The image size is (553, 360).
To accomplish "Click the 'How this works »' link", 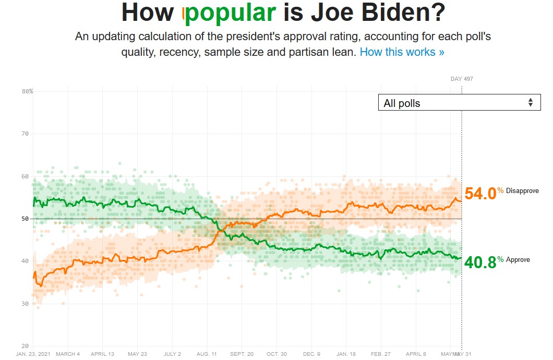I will pyautogui.click(x=402, y=52).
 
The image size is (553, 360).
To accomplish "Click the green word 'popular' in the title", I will pyautogui.click(x=230, y=13).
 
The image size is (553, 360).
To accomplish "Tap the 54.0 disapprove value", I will pyautogui.click(x=479, y=194).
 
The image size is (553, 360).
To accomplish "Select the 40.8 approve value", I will pyautogui.click(x=479, y=262).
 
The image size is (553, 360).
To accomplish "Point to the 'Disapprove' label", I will pyautogui.click(x=522, y=191).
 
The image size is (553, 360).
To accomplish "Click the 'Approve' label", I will pyautogui.click(x=518, y=260).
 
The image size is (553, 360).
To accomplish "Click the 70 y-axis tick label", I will pyautogui.click(x=25, y=134).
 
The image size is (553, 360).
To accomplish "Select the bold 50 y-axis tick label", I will pyautogui.click(x=25, y=219).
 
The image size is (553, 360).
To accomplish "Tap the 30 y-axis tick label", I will pyautogui.click(x=25, y=304).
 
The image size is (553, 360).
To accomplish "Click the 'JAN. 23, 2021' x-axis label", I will pyautogui.click(x=33, y=354).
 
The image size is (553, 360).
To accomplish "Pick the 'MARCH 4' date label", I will pyautogui.click(x=68, y=354).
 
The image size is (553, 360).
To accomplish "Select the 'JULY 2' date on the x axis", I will pyautogui.click(x=172, y=354).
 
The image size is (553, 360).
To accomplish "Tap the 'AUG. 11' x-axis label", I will pyautogui.click(x=207, y=354).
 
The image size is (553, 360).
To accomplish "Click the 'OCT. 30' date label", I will pyautogui.click(x=276, y=354).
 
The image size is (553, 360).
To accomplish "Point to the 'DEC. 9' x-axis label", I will pyautogui.click(x=311, y=354).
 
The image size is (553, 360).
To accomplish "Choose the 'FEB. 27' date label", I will pyautogui.click(x=381, y=354).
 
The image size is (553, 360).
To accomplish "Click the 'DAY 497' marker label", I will pyautogui.click(x=462, y=79).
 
